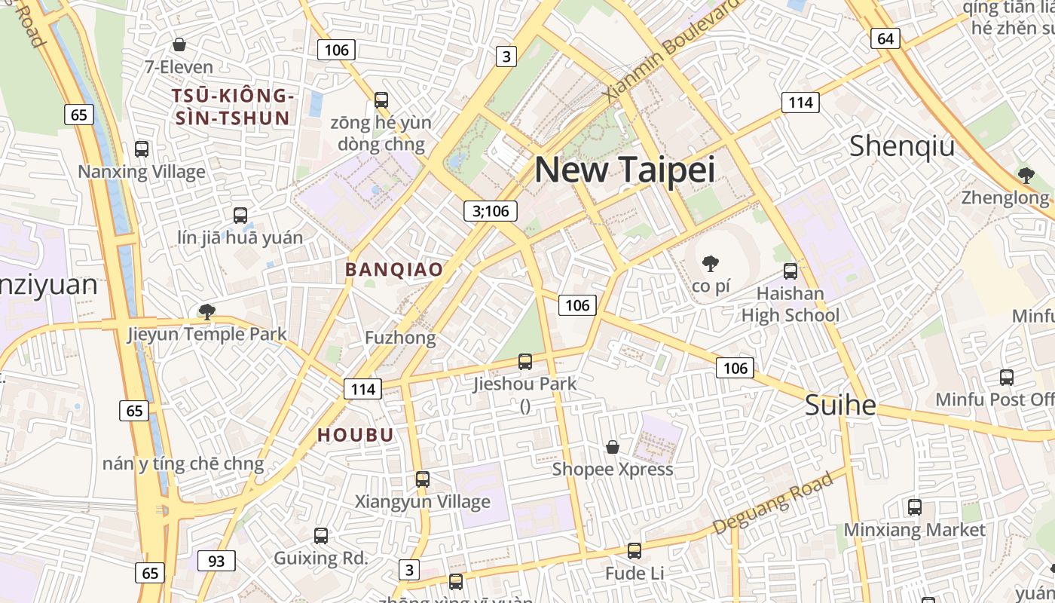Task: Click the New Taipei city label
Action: pyautogui.click(x=624, y=170)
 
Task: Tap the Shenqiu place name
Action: pyautogui.click(x=901, y=146)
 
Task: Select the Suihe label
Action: pyautogui.click(x=840, y=406)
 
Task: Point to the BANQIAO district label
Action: pyautogui.click(x=394, y=269)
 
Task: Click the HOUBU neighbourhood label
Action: pyautogui.click(x=356, y=435)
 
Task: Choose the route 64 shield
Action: pyautogui.click(x=885, y=38)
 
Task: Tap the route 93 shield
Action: pyautogui.click(x=216, y=561)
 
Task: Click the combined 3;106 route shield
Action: pyautogui.click(x=491, y=211)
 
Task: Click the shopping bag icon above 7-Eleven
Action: pyautogui.click(x=179, y=45)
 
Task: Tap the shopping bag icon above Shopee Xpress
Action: pyautogui.click(x=613, y=447)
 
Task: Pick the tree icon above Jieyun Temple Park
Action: pyautogui.click(x=206, y=311)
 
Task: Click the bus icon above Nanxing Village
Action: pyautogui.click(x=142, y=149)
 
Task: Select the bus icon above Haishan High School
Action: pyautogui.click(x=790, y=271)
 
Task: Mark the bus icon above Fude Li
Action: pyautogui.click(x=635, y=551)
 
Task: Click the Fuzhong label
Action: pyautogui.click(x=400, y=338)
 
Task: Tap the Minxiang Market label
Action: pyautogui.click(x=914, y=530)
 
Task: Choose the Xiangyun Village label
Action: pyautogui.click(x=422, y=501)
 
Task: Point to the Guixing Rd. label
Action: pyautogui.click(x=320, y=559)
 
